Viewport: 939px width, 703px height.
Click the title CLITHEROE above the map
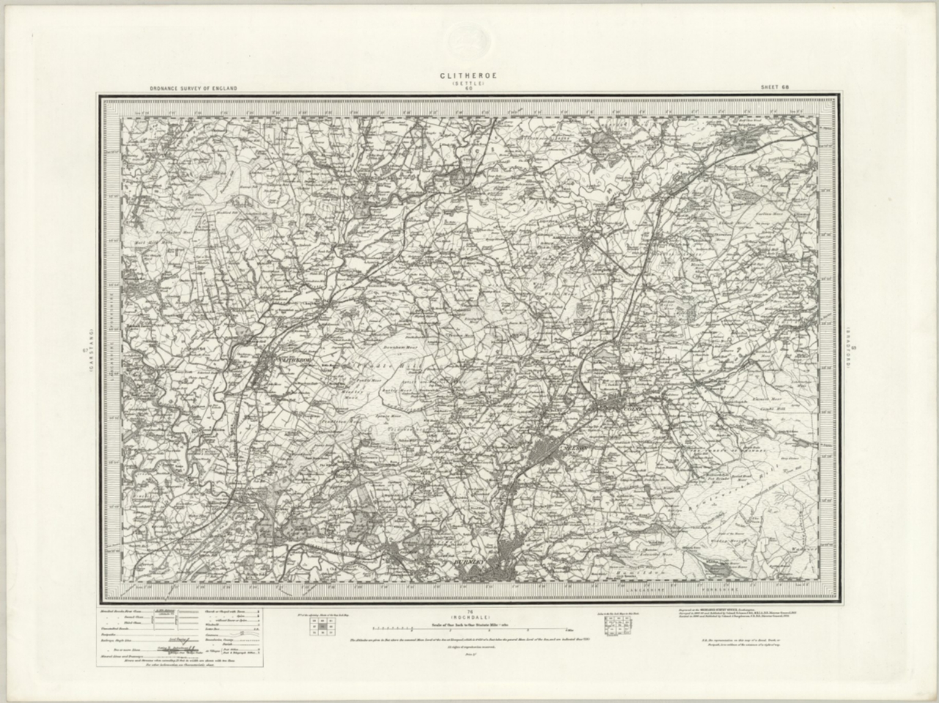[x=469, y=76]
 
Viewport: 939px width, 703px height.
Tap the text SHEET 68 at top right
[x=775, y=87]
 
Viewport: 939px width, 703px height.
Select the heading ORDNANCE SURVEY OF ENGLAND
[x=193, y=89]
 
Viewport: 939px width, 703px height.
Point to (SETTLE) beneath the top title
[x=469, y=83]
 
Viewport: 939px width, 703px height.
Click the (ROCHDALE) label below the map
[x=469, y=615]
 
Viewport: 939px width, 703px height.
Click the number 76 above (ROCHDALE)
[x=469, y=609]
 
